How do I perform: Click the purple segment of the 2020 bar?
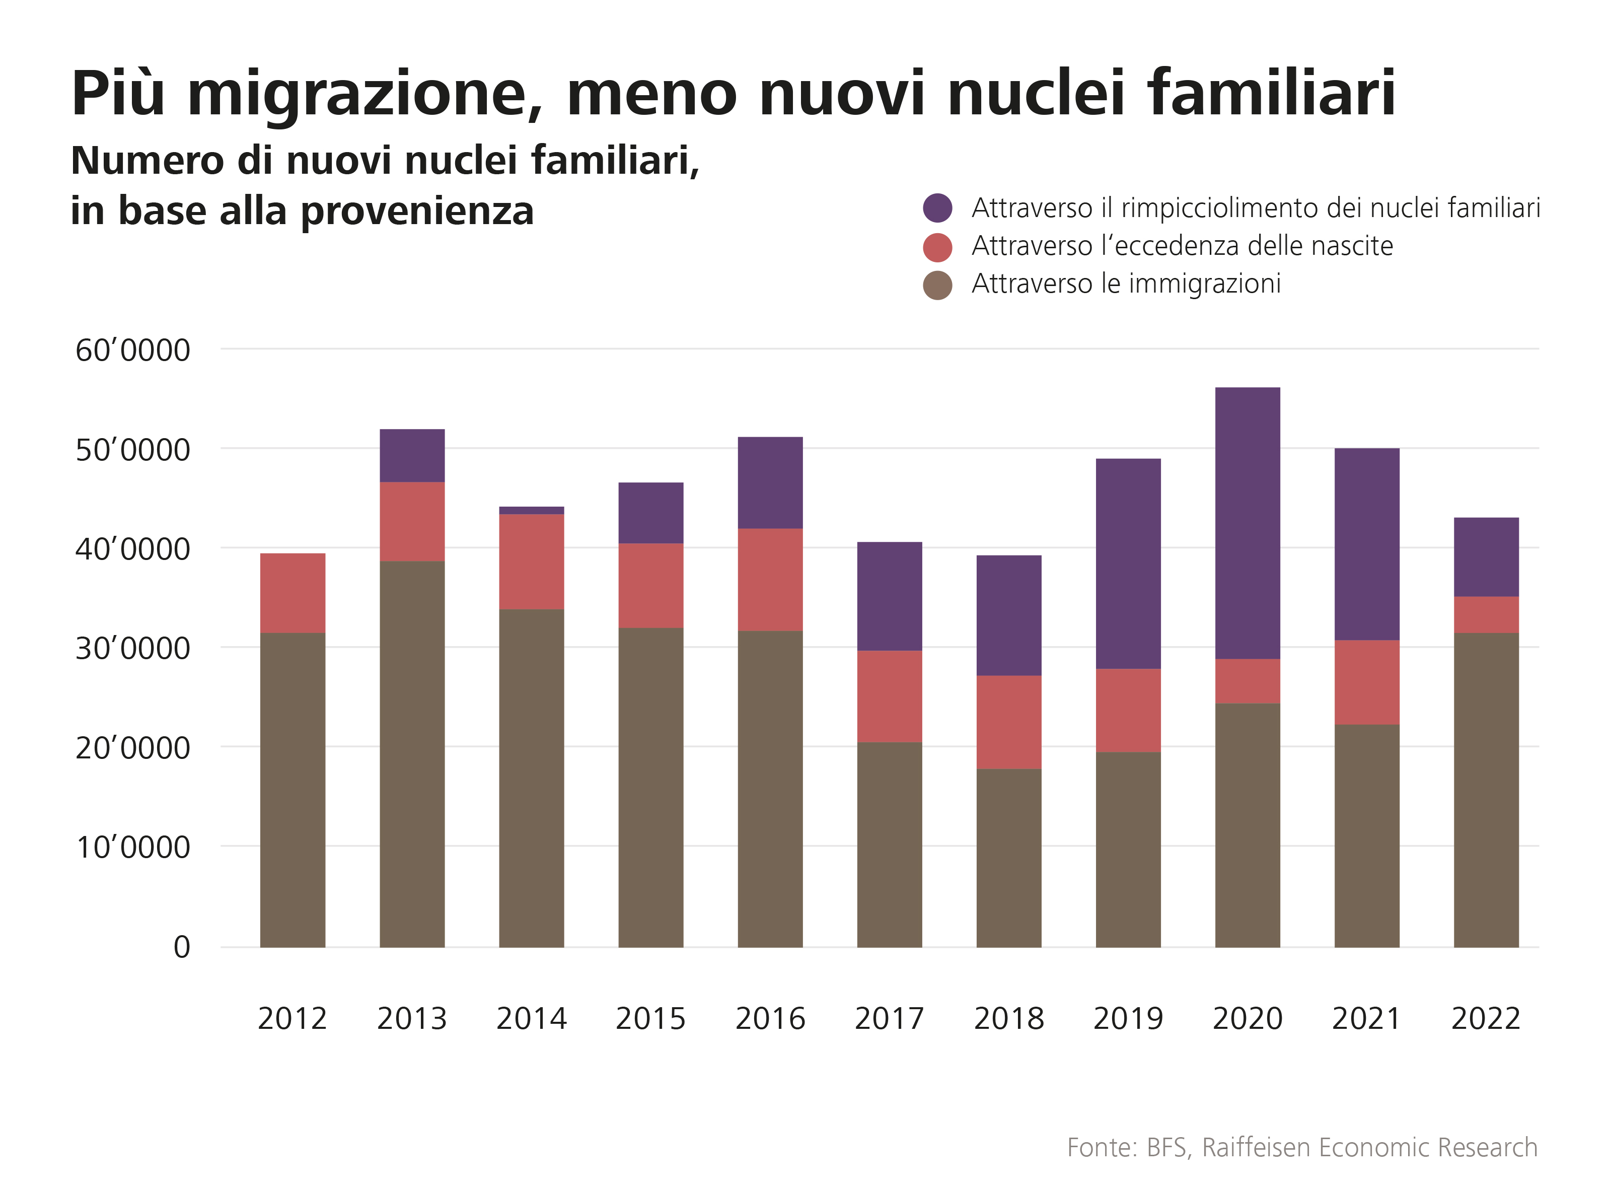(x=1247, y=523)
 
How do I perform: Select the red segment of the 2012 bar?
(x=292, y=593)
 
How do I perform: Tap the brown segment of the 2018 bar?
(x=1008, y=858)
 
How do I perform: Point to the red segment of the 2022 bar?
(x=1486, y=614)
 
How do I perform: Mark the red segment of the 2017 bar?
(x=890, y=696)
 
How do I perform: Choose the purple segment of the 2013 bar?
(x=412, y=456)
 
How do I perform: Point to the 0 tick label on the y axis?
(x=182, y=947)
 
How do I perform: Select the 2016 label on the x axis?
(x=770, y=1019)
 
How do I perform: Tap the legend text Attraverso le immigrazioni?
(x=1126, y=284)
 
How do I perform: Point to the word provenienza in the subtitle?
(x=417, y=211)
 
